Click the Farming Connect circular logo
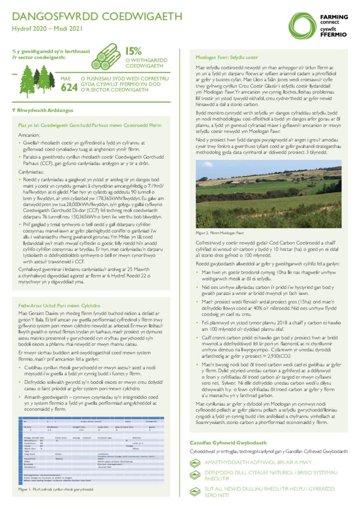coord(304,24)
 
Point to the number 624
coord(68,88)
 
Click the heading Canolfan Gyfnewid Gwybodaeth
coord(228,442)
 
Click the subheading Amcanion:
coord(30,135)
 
